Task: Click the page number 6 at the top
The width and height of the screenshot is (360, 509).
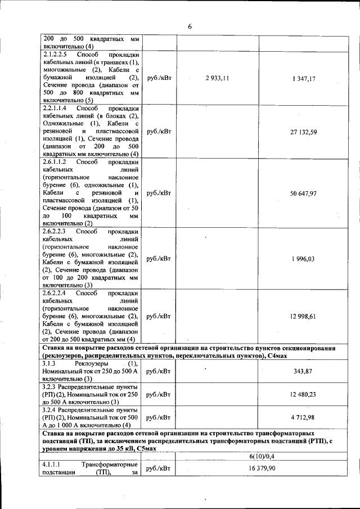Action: tap(190, 26)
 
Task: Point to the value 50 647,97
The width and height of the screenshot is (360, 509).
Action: tap(303, 193)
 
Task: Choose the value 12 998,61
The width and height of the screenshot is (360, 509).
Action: tap(303, 317)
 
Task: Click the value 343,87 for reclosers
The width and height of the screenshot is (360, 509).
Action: tap(303, 371)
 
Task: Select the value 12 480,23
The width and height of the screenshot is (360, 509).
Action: tap(303, 394)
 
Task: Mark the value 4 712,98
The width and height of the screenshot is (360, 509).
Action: tap(303, 417)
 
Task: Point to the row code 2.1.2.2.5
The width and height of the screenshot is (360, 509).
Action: tap(55, 55)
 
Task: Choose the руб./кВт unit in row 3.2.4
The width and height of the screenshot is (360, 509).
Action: tap(158, 417)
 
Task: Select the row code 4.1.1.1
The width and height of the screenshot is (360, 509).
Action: tap(52, 465)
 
